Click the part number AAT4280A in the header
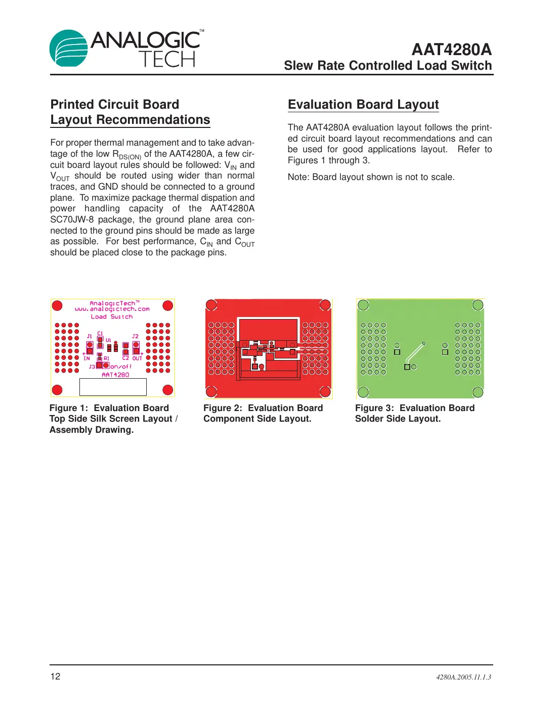click(451, 50)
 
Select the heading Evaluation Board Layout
click(363, 105)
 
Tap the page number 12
click(55, 676)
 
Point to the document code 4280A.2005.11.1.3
click(463, 677)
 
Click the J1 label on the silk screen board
click(90, 336)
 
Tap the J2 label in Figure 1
click(135, 336)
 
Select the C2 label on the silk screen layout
click(125, 358)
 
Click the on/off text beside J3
click(121, 367)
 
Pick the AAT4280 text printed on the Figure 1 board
click(115, 375)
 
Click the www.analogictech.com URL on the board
click(112, 309)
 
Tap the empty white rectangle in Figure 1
click(113, 387)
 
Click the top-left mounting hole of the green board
click(363, 305)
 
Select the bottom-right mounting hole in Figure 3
click(478, 392)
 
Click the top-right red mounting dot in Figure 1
click(168, 305)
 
